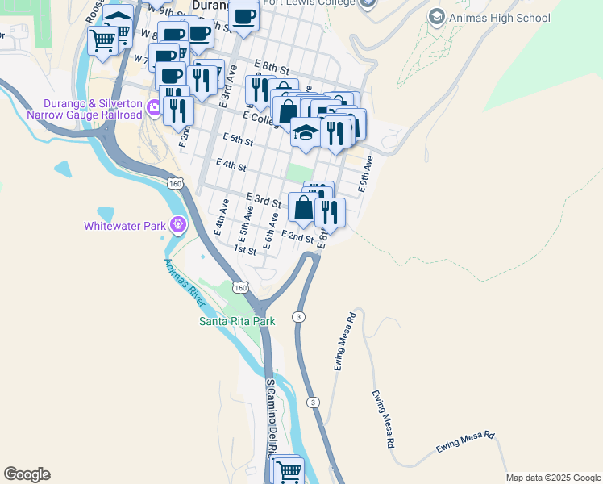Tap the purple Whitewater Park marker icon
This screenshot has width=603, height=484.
[178, 225]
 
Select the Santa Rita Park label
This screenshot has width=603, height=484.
[237, 321]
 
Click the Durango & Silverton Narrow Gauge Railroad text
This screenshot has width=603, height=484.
[84, 110]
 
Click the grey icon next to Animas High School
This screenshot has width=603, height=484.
[437, 17]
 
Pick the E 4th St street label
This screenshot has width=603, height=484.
[231, 165]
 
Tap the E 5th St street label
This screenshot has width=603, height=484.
[238, 140]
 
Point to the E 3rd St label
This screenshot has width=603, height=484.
[263, 199]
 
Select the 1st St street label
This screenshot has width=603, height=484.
[244, 250]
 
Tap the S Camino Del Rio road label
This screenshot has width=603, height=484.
[272, 411]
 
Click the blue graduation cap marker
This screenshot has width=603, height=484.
[306, 132]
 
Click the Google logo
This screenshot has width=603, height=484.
[27, 474]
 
